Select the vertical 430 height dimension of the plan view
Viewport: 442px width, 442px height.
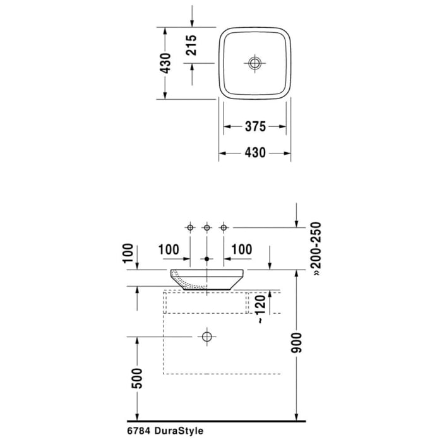click(165, 63)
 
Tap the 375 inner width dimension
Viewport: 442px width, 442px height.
click(254, 126)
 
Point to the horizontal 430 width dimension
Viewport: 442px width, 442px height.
click(254, 153)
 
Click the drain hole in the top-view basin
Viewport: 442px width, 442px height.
click(254, 63)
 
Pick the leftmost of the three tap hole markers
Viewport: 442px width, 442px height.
click(189, 227)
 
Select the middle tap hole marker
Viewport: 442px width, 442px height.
click(206, 227)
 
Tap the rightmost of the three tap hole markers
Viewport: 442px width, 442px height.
click(222, 227)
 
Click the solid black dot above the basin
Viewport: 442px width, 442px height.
click(206, 259)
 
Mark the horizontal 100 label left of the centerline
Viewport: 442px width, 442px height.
click(169, 249)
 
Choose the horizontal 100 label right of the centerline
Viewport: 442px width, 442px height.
click(242, 249)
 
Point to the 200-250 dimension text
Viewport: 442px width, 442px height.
click(316, 249)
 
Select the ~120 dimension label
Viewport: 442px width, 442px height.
click(258, 310)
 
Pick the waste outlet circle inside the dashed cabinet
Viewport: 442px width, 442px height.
click(206, 337)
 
